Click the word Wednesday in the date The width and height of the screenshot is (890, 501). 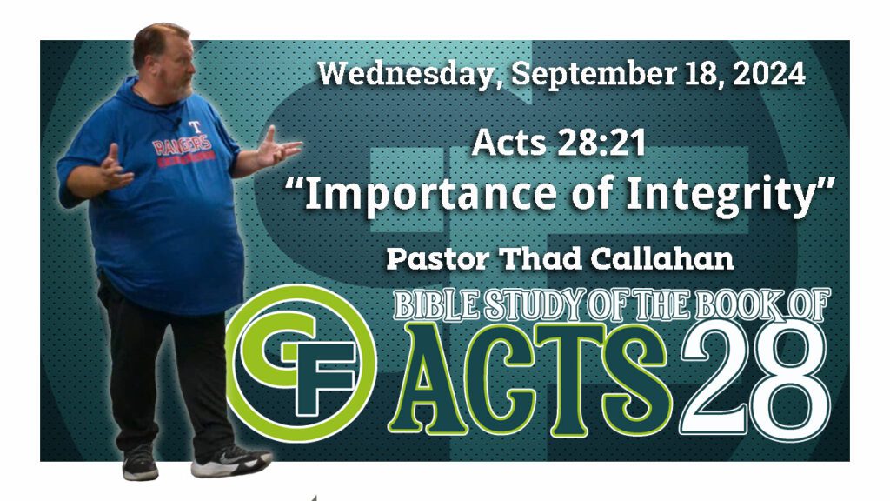point(407,75)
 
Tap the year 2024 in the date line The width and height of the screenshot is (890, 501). point(769,75)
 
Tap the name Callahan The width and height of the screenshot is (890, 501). point(661,259)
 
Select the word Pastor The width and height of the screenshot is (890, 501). point(438,259)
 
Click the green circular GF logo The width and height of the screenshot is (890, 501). point(301,364)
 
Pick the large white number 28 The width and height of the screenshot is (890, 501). point(755,377)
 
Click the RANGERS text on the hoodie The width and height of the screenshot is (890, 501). point(183,145)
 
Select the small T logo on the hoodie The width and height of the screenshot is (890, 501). point(196,126)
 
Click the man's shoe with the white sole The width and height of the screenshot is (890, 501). point(230,460)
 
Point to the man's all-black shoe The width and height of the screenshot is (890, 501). point(140,463)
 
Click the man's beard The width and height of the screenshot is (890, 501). point(181,90)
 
